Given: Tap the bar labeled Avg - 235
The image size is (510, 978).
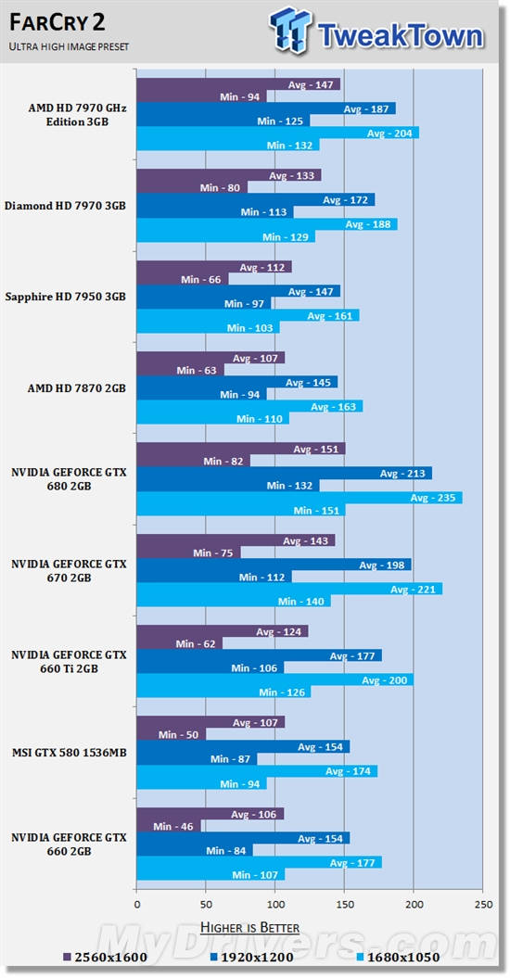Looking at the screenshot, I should point(299,498).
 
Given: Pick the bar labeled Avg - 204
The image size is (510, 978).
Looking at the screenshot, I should point(277,133).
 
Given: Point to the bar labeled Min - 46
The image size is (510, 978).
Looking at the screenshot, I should point(169,826).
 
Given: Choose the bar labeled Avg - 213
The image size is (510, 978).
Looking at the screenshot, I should point(284,474).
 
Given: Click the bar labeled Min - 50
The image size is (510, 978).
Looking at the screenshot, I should point(172,735).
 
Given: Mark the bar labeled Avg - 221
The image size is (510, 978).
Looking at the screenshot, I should point(289,589).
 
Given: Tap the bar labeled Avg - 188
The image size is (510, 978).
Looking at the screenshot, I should point(266,224).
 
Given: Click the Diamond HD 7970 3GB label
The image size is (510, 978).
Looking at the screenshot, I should point(65,206).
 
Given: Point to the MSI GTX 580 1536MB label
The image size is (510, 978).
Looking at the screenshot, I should point(67,753).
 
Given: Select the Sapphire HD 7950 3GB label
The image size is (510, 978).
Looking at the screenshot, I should point(65,297).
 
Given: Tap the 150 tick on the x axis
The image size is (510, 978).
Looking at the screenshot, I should point(344,904).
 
